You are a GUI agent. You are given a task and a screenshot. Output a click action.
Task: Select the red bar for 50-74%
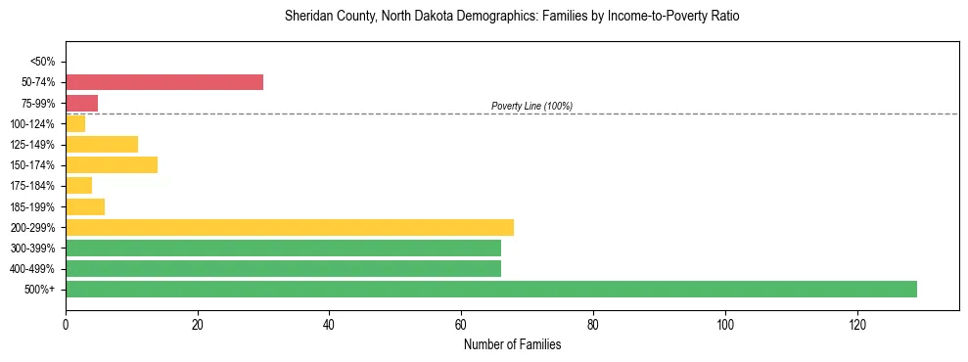click(x=164, y=82)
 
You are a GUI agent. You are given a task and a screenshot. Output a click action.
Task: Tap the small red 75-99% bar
click(x=81, y=103)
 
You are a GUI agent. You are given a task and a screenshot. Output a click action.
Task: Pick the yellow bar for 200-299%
click(x=290, y=227)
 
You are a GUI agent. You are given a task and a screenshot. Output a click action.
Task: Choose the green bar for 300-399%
click(x=283, y=248)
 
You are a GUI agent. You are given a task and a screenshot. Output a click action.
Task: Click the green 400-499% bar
click(x=283, y=268)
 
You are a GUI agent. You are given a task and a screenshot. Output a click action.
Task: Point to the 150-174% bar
click(x=112, y=164)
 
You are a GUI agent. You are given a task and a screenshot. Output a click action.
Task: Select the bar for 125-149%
click(x=102, y=144)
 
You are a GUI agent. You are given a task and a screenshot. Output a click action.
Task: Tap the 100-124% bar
click(x=75, y=123)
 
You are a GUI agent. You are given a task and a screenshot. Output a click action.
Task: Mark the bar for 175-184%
click(x=78, y=185)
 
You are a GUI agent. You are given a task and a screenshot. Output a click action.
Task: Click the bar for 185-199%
click(x=85, y=206)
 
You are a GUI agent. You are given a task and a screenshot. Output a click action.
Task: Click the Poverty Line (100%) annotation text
click(x=531, y=106)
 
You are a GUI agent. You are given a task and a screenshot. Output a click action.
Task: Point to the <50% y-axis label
click(x=42, y=62)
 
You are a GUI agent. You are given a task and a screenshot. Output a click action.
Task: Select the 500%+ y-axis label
click(x=40, y=290)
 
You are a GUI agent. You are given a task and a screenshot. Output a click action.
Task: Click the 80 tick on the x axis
click(x=593, y=324)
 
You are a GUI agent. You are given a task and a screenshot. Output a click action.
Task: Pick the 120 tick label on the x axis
click(x=856, y=324)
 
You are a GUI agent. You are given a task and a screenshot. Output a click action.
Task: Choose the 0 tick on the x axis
click(x=66, y=324)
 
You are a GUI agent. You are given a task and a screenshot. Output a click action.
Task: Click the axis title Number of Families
click(x=512, y=344)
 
